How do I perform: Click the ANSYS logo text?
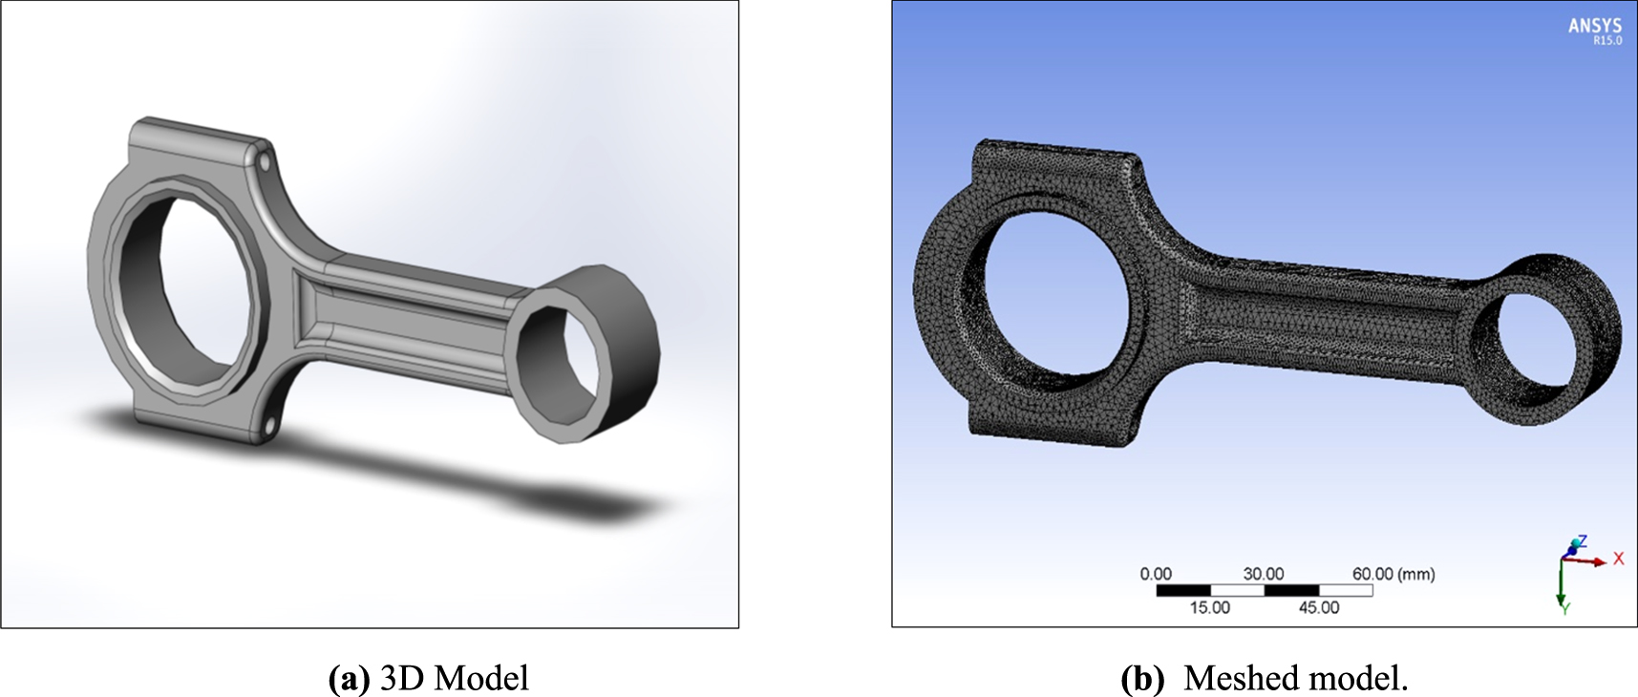tap(1594, 26)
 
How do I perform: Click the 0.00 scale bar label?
tap(1155, 574)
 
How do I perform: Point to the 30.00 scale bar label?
tap(1263, 574)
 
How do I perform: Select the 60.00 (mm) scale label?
tap(1393, 574)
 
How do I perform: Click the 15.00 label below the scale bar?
tap(1209, 607)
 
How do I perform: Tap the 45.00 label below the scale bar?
tap(1318, 607)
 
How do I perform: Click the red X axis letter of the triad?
tap(1618, 559)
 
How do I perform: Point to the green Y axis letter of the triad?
tap(1565, 608)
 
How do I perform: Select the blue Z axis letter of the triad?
tap(1582, 541)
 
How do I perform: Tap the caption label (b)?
tap(1141, 678)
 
